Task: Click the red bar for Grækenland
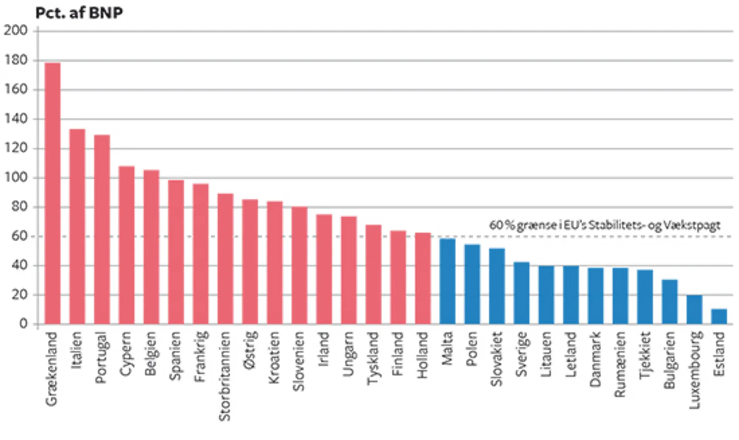pos(52,194)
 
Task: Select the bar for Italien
pos(77,226)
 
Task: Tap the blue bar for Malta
pos(447,281)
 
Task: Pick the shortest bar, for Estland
pos(719,316)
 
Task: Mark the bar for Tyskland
pos(374,274)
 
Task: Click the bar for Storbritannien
pos(225,259)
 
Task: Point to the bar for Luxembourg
pos(694,309)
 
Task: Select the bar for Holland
pos(423,278)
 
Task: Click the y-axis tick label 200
pos(16,31)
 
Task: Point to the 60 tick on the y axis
pos(20,236)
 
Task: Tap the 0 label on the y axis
pos(23,324)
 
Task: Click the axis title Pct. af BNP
pos(79,13)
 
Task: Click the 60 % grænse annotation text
pos(605,225)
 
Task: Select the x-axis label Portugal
pos(101,357)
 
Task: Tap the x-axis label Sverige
pos(521,354)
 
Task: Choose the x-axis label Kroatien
pos(274,357)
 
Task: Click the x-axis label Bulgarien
pos(670,360)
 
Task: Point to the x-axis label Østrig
pos(250,350)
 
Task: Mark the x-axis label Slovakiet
pos(497,359)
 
